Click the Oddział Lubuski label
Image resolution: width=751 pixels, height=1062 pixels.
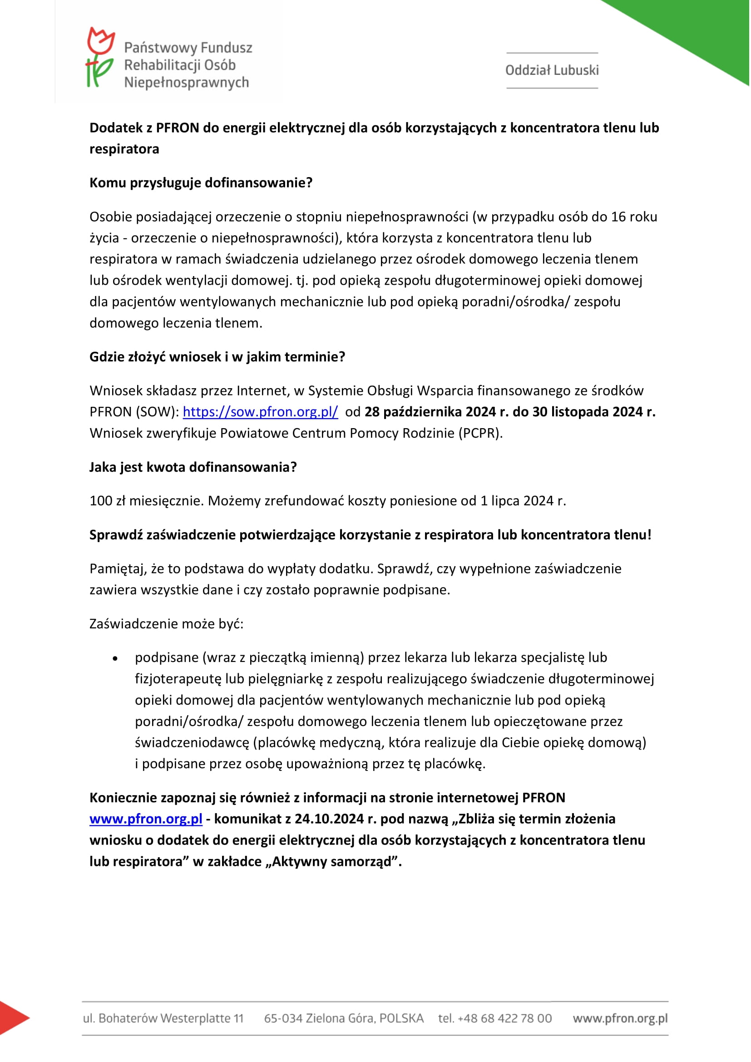coord(552,70)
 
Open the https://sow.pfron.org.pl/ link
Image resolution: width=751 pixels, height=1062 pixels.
coord(260,412)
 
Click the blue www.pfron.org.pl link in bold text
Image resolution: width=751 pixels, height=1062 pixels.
coord(146,819)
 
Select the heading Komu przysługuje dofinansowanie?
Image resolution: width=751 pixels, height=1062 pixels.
coord(201,183)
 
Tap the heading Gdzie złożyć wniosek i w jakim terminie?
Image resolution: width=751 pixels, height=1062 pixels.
coord(217,356)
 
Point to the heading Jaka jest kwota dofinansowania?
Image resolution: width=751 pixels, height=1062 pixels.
coord(193,467)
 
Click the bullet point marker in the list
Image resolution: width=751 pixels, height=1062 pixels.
coord(115,659)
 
